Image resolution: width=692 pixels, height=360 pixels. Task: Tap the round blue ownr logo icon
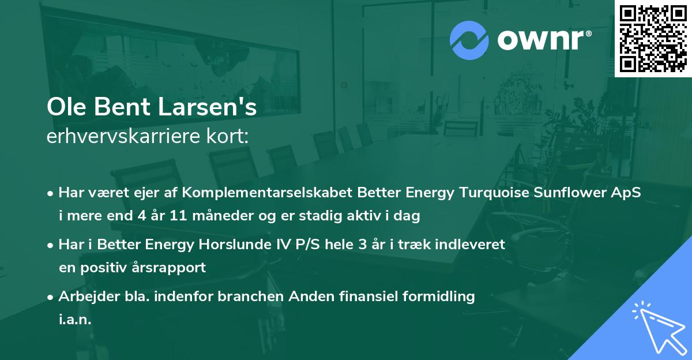[469, 40]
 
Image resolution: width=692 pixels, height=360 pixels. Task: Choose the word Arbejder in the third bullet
[83, 297]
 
